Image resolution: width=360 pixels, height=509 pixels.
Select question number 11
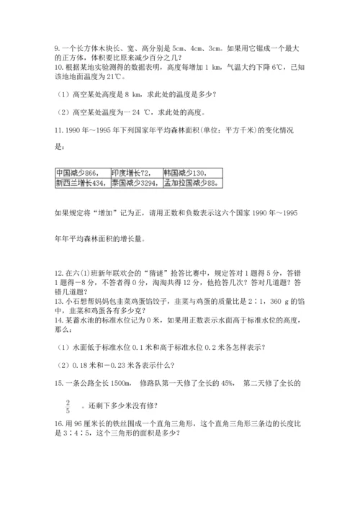coord(58,134)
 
